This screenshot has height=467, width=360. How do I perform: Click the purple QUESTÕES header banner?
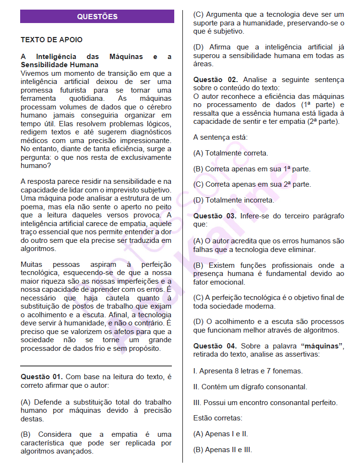[97, 17]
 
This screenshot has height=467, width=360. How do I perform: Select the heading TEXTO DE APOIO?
[51, 40]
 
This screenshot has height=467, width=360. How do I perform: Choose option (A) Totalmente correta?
[230, 153]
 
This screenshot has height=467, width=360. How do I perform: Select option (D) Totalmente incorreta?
[234, 200]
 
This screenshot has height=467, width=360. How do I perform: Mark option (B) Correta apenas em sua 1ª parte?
[252, 169]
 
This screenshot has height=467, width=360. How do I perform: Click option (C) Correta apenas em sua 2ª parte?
[252, 184]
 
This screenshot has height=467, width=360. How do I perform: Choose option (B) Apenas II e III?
[222, 450]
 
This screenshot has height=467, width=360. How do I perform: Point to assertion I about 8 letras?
[248, 371]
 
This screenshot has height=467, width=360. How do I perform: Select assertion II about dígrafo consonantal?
[250, 386]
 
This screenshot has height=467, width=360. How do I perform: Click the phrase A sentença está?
[220, 137]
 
